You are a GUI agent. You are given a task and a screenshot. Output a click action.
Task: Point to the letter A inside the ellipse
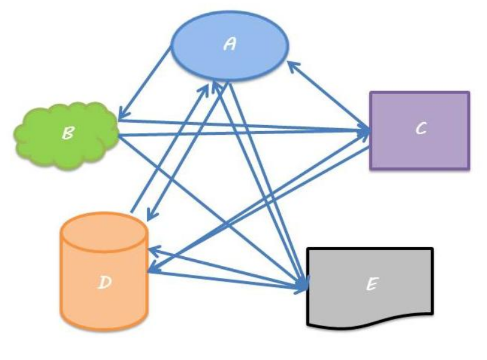click(230, 44)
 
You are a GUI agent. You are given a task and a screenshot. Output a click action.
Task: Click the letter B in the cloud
click(68, 134)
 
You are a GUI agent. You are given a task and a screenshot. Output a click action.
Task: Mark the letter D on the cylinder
click(104, 282)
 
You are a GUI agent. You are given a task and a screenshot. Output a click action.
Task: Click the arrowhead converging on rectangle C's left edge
click(366, 131)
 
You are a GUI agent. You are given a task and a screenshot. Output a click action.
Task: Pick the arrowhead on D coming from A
click(150, 217)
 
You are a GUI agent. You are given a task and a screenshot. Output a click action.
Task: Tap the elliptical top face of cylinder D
click(104, 231)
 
